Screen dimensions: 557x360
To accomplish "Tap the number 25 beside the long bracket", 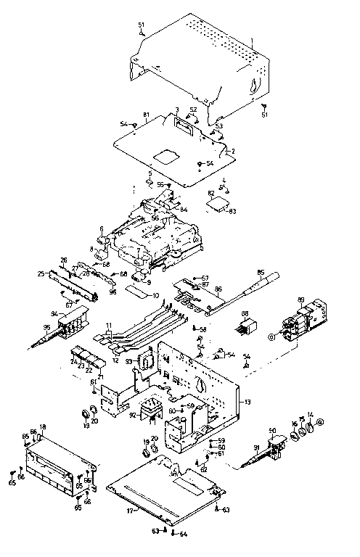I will (x=42, y=275).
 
